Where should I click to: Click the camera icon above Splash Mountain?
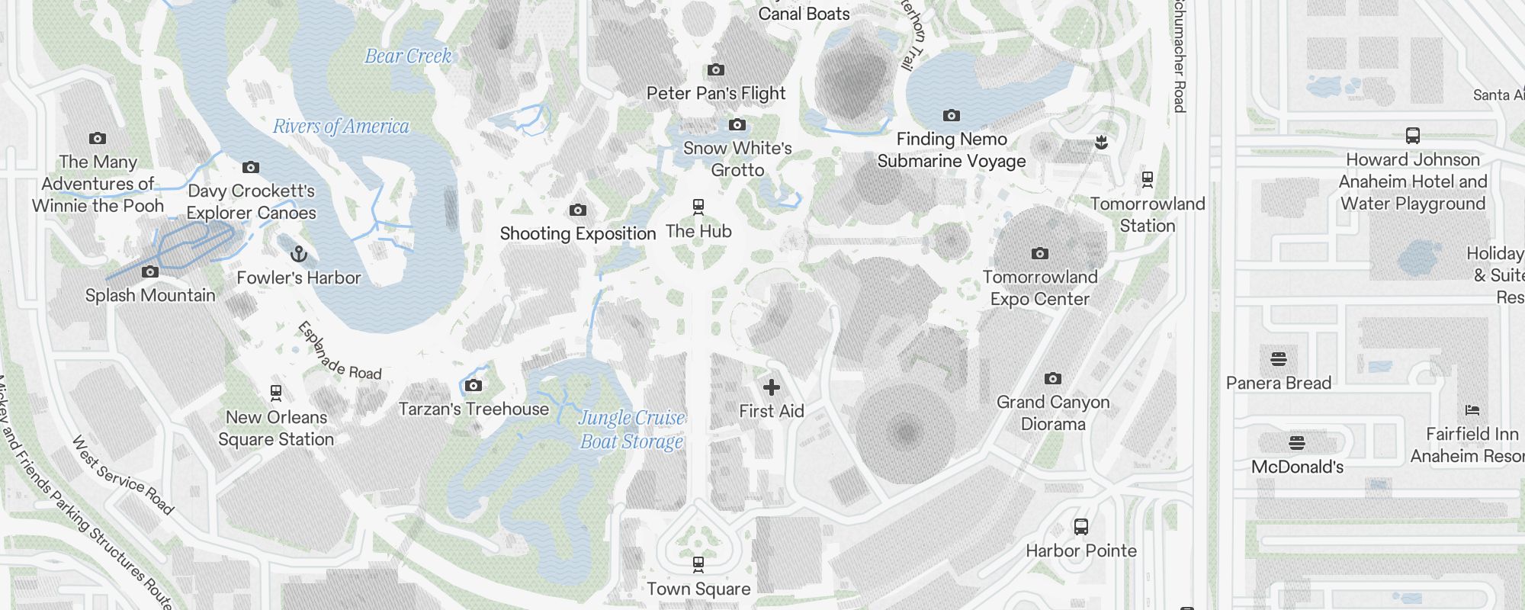pyautogui.click(x=150, y=271)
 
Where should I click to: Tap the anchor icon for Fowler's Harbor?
pyautogui.click(x=299, y=254)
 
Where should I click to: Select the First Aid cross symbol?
pyautogui.click(x=772, y=387)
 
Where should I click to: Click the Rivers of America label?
pyautogui.click(x=341, y=127)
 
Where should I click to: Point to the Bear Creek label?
pyautogui.click(x=408, y=56)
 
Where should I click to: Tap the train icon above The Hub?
pyautogui.click(x=698, y=207)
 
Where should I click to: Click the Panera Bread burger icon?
pyautogui.click(x=1279, y=358)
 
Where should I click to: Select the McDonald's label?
pyautogui.click(x=1297, y=467)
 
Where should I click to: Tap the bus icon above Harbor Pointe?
pyautogui.click(x=1080, y=526)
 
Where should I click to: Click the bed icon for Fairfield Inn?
pyautogui.click(x=1472, y=410)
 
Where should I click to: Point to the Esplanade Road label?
pyautogui.click(x=339, y=351)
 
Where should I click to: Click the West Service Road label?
pyautogui.click(x=123, y=474)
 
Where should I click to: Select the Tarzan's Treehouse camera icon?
pyautogui.click(x=474, y=385)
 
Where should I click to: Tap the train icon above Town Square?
pyautogui.click(x=698, y=564)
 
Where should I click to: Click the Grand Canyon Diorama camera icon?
pyautogui.click(x=1053, y=378)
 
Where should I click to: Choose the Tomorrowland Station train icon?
pyautogui.click(x=1147, y=180)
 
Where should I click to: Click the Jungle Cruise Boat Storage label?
pyautogui.click(x=631, y=429)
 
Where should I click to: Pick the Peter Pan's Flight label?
pyautogui.click(x=715, y=94)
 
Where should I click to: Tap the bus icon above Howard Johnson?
pyautogui.click(x=1413, y=136)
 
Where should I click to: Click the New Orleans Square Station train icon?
pyautogui.click(x=276, y=393)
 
